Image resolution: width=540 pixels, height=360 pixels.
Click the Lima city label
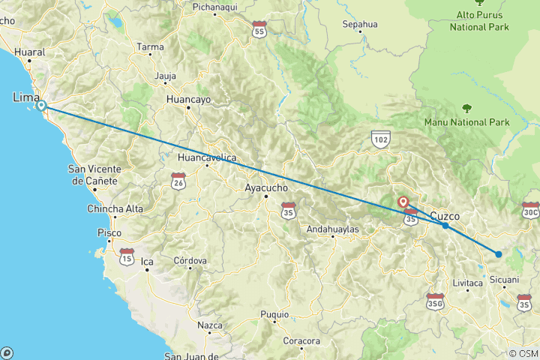27,97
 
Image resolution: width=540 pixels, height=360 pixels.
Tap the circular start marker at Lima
42,106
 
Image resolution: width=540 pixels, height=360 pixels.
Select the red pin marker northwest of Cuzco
403,201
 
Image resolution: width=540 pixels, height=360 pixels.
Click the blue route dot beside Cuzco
445,225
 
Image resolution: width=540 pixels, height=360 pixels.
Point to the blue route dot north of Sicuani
498,254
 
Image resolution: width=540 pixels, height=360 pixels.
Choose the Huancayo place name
188,98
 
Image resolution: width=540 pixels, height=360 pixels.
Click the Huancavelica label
207,157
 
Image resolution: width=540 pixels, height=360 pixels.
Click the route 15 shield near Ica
127,257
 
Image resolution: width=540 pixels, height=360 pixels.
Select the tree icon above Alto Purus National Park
479,2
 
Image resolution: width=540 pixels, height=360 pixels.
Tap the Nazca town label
210,325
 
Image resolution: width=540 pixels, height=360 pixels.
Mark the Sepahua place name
360,24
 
